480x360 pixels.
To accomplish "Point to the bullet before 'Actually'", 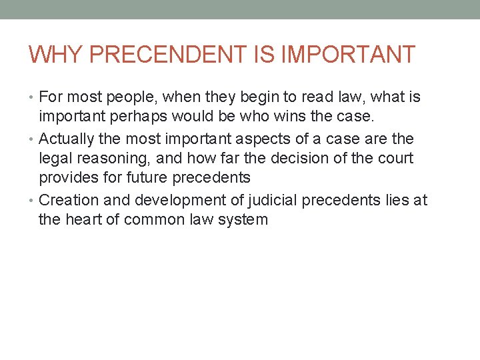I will coord(33,140).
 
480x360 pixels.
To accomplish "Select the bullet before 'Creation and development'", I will coord(33,201).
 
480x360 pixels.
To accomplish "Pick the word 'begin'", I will coord(247,98).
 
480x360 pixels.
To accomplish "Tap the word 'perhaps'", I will coord(137,117).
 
